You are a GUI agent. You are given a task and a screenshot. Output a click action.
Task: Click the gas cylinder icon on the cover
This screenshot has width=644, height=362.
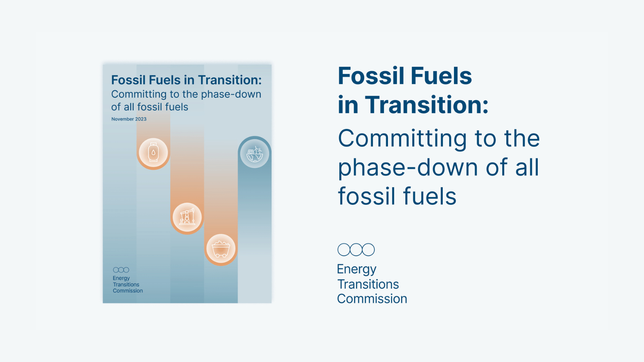click(x=153, y=152)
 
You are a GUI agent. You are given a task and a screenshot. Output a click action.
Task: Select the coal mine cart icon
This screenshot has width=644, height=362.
click(x=221, y=249)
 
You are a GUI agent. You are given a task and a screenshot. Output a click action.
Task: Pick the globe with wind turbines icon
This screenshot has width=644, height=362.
click(x=255, y=154)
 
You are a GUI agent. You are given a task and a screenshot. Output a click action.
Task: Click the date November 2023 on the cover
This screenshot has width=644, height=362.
click(x=129, y=119)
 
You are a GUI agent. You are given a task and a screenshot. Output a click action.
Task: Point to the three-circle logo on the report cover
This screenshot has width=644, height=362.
click(x=121, y=270)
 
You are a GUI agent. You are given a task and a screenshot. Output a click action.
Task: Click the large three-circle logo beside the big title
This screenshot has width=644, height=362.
click(x=356, y=249)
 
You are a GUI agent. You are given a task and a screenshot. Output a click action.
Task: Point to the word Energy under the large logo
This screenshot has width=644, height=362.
click(x=357, y=270)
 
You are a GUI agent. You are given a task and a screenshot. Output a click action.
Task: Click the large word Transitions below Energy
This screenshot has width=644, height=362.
click(x=368, y=284)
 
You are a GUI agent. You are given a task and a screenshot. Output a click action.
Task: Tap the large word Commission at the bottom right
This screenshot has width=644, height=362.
click(x=372, y=299)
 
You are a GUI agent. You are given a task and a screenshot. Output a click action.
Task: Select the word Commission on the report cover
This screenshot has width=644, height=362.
click(x=128, y=291)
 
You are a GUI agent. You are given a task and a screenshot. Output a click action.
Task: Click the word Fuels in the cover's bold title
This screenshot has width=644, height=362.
click(x=165, y=80)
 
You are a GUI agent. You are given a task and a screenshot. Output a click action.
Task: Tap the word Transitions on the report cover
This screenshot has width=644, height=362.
click(x=126, y=284)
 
